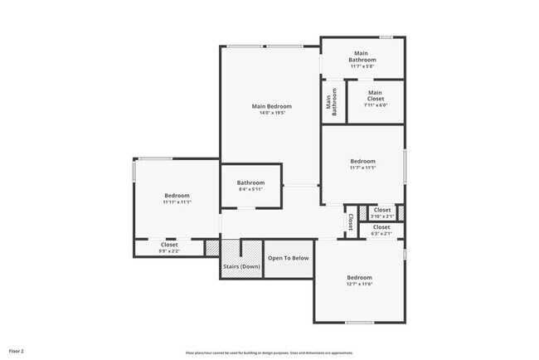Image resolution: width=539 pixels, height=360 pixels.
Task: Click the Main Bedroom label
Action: (x=272, y=106)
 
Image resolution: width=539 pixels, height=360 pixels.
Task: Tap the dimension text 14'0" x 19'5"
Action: (x=272, y=114)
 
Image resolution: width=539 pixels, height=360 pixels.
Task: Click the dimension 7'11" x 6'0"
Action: (x=376, y=105)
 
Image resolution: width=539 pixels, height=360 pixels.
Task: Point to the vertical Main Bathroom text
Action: (x=332, y=101)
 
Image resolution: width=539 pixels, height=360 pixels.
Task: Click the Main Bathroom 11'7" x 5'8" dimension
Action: (x=362, y=67)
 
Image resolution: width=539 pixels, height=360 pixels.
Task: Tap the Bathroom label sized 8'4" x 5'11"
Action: (x=250, y=182)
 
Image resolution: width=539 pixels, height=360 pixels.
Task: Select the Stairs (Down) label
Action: (x=241, y=266)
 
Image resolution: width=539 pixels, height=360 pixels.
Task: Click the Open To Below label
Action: (x=288, y=258)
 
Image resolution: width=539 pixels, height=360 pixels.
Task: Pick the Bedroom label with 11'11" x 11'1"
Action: (x=177, y=196)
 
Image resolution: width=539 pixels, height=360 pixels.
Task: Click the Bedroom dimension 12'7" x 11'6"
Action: (x=359, y=285)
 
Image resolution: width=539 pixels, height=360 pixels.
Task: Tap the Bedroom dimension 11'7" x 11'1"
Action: (x=362, y=168)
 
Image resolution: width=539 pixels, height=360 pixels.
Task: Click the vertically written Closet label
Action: (x=351, y=222)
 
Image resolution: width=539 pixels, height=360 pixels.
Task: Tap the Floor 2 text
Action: (x=17, y=352)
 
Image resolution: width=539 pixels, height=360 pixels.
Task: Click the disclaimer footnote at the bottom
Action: (x=269, y=353)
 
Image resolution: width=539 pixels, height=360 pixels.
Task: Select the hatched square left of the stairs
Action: (x=212, y=248)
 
